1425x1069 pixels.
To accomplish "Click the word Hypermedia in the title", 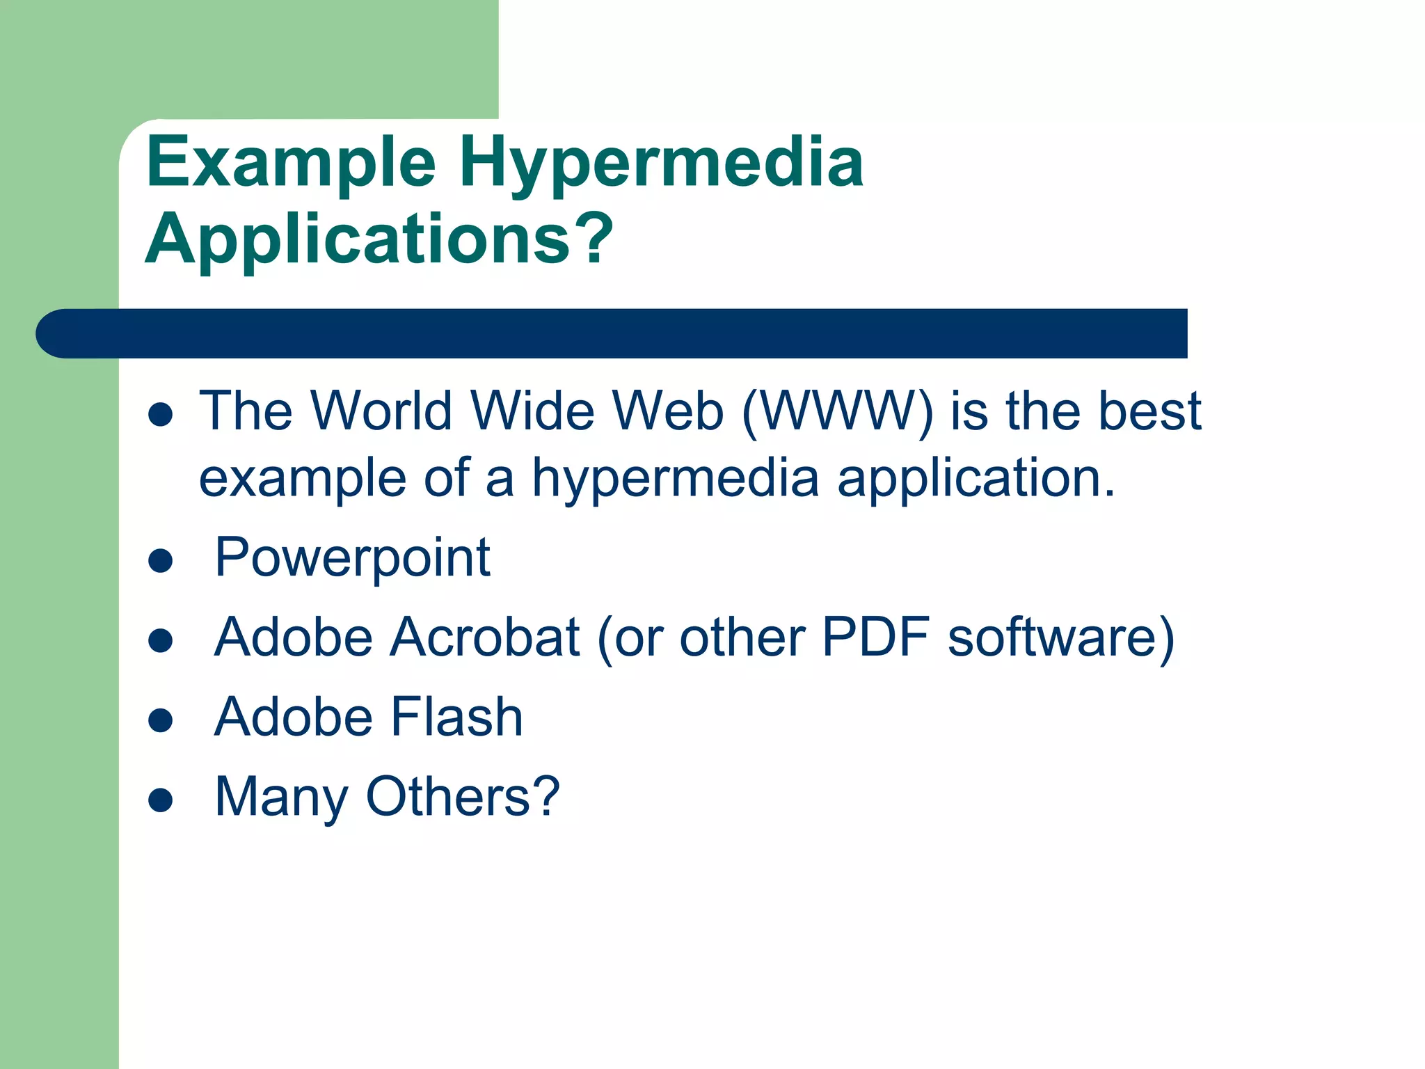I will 661,164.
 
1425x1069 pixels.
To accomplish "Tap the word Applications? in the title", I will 379,240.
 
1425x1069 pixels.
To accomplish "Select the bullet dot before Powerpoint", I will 161,560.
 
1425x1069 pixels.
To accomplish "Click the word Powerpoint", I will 353,558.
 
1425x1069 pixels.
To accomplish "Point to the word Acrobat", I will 484,638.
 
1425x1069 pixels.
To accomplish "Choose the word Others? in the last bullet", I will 463,797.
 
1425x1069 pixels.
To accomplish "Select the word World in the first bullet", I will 381,411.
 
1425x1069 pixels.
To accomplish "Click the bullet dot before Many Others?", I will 161,800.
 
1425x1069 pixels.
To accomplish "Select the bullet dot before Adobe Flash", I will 161,720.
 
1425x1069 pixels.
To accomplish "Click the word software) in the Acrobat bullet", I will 1061,638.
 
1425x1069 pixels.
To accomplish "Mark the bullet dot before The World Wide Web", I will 161,415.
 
